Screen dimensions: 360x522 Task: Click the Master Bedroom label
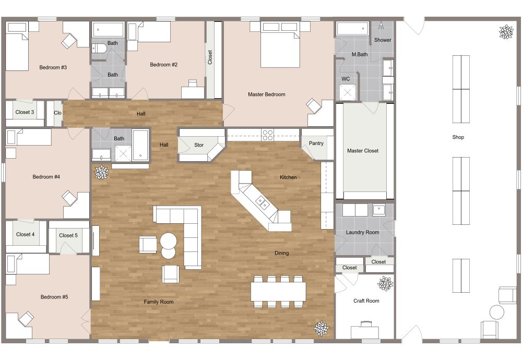tap(266, 94)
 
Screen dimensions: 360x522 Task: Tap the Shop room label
tap(458, 137)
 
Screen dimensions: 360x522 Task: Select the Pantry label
tap(316, 143)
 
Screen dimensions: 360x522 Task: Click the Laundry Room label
tap(362, 232)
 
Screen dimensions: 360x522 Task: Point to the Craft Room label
tap(366, 301)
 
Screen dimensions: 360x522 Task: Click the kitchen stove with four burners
tap(267, 135)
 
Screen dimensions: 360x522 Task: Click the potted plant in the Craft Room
tap(386, 284)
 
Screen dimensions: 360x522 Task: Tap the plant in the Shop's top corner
tap(506, 32)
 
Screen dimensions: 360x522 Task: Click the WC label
tap(346, 79)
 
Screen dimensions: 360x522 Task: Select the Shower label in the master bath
tap(383, 40)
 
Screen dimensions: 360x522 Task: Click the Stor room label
tap(199, 145)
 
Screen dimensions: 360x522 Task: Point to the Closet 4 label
tap(25, 234)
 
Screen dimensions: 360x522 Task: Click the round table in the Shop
tap(496, 313)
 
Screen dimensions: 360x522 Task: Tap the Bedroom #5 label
tap(54, 297)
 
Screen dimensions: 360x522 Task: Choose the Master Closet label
tap(363, 151)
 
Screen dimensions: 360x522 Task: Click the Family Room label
tap(159, 302)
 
